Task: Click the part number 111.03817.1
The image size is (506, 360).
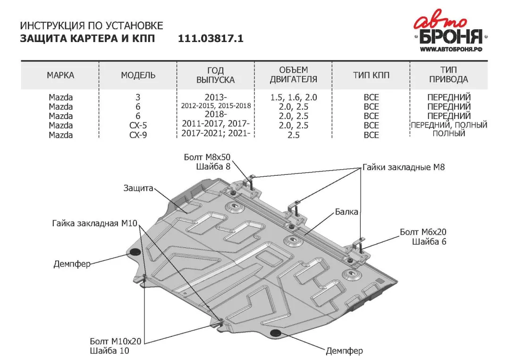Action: click(x=211, y=38)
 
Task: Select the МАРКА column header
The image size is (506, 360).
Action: click(x=60, y=75)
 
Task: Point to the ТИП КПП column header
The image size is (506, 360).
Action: click(x=371, y=75)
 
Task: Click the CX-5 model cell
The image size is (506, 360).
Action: click(x=138, y=125)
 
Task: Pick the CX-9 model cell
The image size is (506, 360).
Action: click(x=138, y=135)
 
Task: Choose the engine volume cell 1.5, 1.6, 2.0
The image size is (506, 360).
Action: click(x=293, y=97)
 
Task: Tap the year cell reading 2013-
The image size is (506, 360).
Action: click(x=216, y=97)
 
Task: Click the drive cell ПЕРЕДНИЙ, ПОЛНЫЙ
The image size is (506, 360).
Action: click(x=448, y=125)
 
